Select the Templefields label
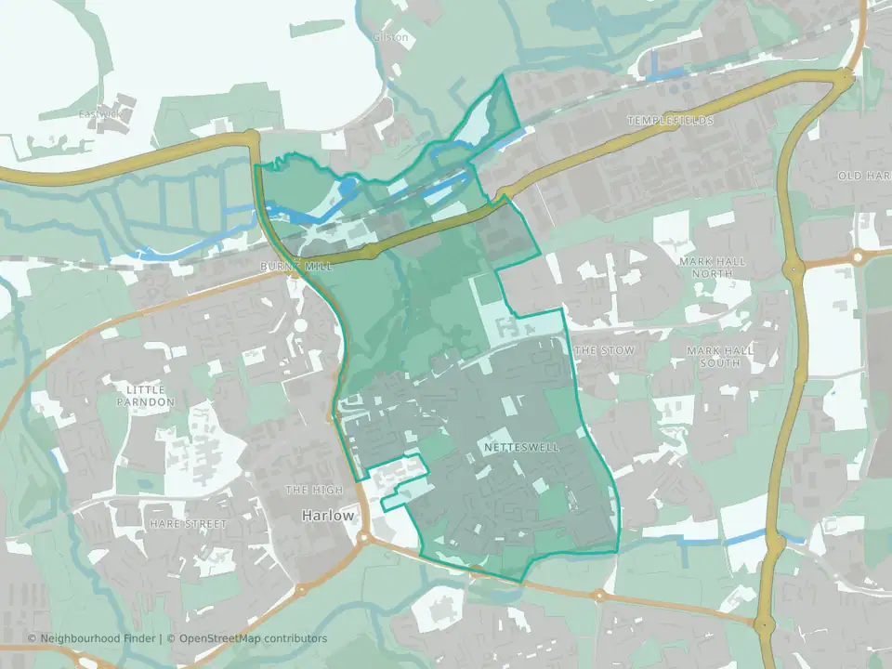coord(670,121)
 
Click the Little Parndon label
coord(145,395)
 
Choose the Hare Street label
coord(187,524)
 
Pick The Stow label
coord(604,350)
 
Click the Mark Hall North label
coord(712,268)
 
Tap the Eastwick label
coord(99,114)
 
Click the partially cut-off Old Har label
coord(863,176)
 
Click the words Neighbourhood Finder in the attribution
coord(99,638)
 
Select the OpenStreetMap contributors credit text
coord(253,638)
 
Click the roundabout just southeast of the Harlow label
coord(363,538)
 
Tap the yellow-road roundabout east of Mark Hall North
coord(794,269)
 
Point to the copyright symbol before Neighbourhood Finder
coord(33,638)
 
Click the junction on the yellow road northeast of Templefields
coord(844,79)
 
